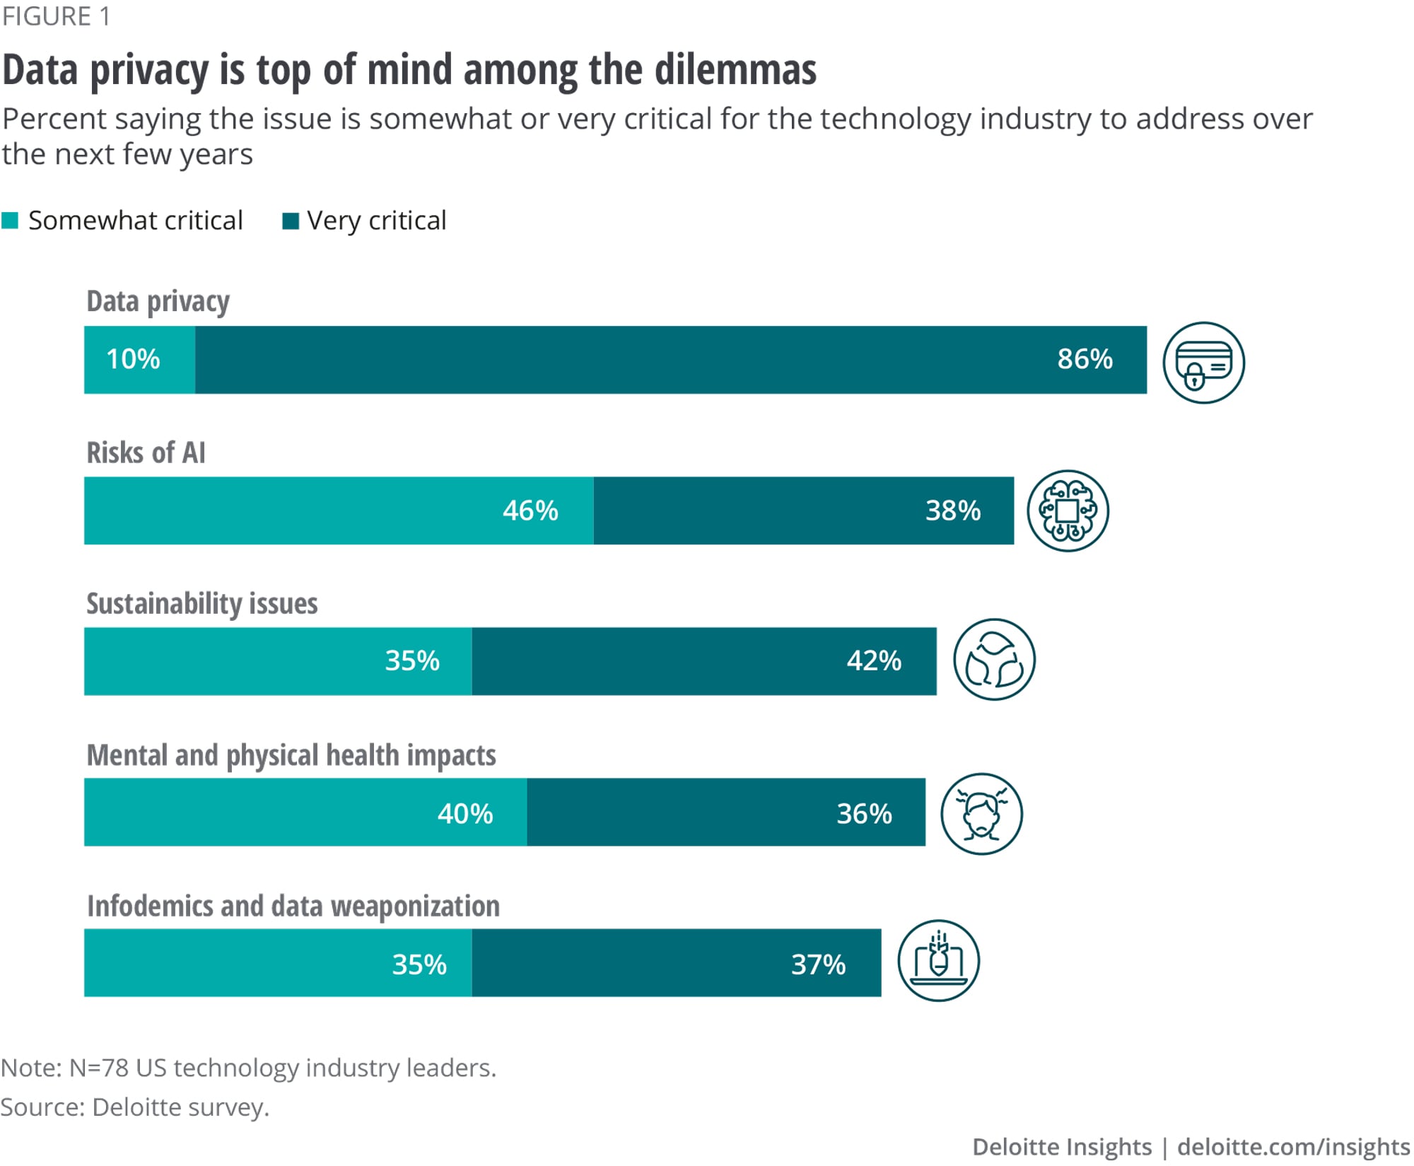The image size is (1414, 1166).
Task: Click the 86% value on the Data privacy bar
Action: pyautogui.click(x=1085, y=359)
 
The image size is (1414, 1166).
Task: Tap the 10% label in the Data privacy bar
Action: pyautogui.click(x=133, y=359)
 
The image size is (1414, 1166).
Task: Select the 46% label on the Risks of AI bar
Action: pyautogui.click(x=530, y=511)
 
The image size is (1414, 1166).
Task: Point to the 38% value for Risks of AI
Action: pyautogui.click(x=953, y=511)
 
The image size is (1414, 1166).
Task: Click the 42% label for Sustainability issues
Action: pyautogui.click(x=874, y=661)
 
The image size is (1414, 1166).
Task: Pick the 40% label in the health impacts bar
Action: pyautogui.click(x=465, y=813)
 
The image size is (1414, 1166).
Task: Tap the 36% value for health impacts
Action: pyautogui.click(x=864, y=813)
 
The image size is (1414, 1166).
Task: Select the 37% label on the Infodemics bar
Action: pyautogui.click(x=818, y=964)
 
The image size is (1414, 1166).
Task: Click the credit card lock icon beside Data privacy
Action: pyautogui.click(x=1203, y=363)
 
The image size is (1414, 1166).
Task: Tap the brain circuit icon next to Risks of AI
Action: pyautogui.click(x=1068, y=511)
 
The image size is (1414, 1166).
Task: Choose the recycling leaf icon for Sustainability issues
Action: pyautogui.click(x=994, y=660)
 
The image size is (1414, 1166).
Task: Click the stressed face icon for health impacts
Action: pyautogui.click(x=981, y=814)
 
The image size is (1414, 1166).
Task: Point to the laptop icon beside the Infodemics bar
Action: pyautogui.click(x=938, y=961)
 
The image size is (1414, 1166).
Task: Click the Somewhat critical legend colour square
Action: pyautogui.click(x=10, y=221)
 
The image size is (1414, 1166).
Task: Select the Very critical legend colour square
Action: pyautogui.click(x=290, y=221)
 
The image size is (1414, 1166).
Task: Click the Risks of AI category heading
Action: pyautogui.click(x=146, y=453)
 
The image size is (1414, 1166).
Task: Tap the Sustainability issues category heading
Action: pyautogui.click(x=201, y=604)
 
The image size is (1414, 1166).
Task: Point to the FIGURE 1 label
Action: pyautogui.click(x=56, y=16)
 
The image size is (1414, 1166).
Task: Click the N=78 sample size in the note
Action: pyautogui.click(x=98, y=1068)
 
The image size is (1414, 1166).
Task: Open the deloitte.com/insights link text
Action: pyautogui.click(x=1293, y=1147)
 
